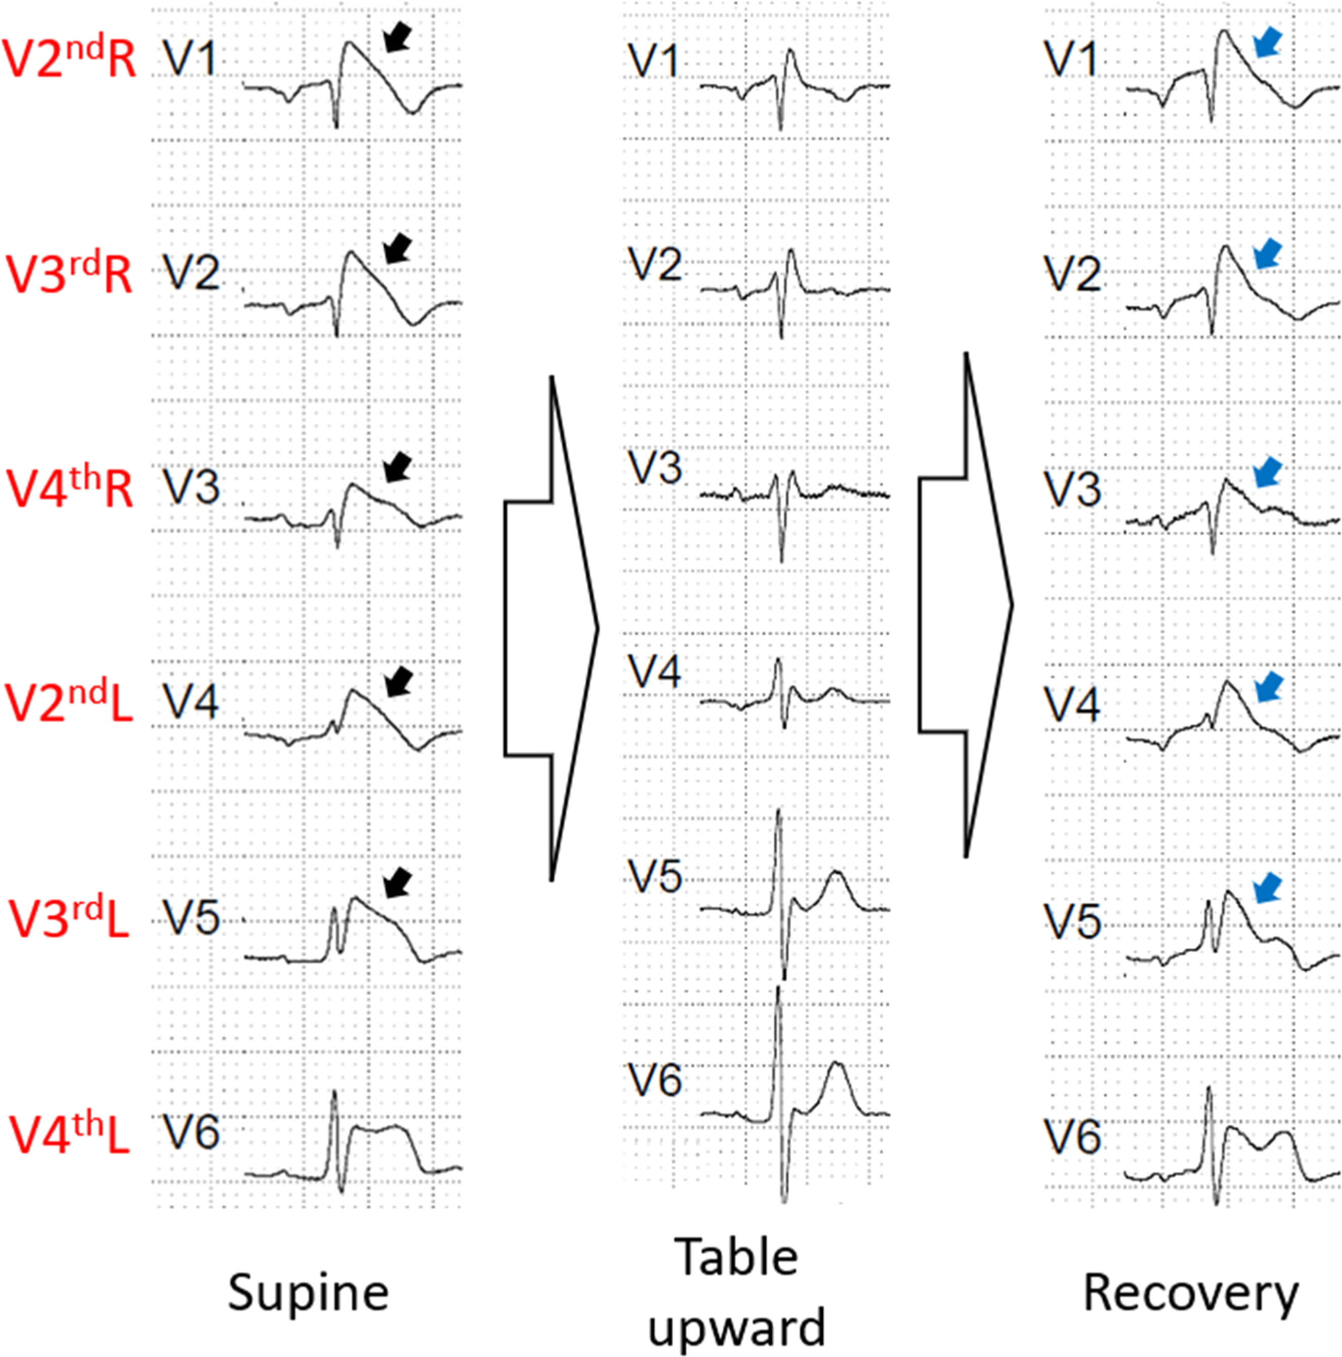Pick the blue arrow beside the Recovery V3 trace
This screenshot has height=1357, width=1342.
click(1267, 473)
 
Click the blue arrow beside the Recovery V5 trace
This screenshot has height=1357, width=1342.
click(1267, 889)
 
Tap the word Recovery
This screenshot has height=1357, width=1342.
click(1191, 1294)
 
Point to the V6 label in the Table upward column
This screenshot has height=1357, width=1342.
click(655, 1080)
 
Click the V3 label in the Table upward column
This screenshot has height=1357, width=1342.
click(655, 468)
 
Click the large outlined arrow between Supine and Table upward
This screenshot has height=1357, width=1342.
click(551, 629)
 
